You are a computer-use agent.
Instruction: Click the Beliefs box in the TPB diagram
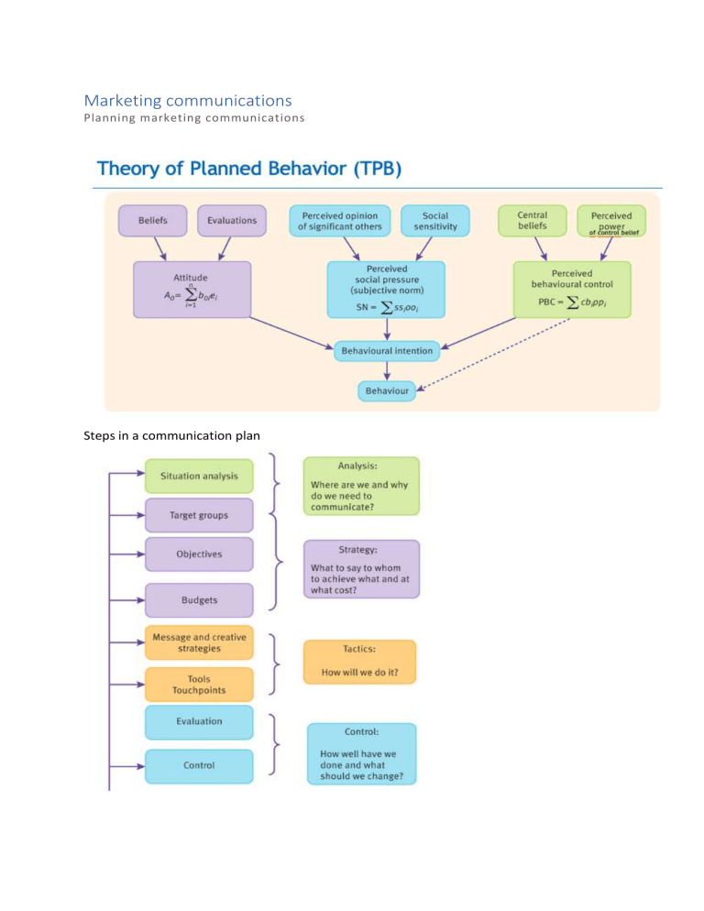(152, 220)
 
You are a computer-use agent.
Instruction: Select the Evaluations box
(232, 220)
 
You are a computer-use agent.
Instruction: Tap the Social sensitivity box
(435, 220)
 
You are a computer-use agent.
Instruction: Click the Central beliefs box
(532, 220)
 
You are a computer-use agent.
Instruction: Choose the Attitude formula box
(192, 289)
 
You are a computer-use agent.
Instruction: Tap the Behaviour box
(387, 391)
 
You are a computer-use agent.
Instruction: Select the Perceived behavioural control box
(572, 289)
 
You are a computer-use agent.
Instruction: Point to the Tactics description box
(359, 660)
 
